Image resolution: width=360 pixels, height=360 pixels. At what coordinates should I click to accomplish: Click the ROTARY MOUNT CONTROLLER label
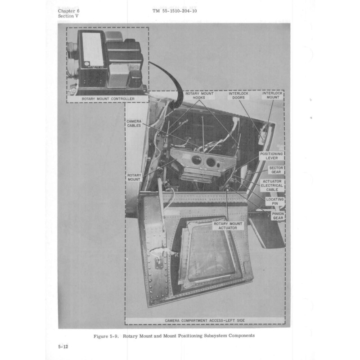tap(108, 99)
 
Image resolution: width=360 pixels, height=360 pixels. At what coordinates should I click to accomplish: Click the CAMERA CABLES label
tap(134, 123)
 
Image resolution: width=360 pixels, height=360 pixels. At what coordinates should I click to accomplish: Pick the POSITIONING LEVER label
tap(271, 156)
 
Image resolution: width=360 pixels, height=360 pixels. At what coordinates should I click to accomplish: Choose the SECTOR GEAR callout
tap(275, 170)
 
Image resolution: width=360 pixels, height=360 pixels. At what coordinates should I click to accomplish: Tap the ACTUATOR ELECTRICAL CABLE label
tap(272, 185)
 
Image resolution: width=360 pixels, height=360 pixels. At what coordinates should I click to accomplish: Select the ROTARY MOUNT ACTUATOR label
tap(228, 226)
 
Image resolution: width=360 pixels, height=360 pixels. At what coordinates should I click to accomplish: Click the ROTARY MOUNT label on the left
tap(134, 176)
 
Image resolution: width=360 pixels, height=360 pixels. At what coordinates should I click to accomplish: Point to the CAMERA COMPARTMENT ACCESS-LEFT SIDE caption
tap(205, 320)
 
